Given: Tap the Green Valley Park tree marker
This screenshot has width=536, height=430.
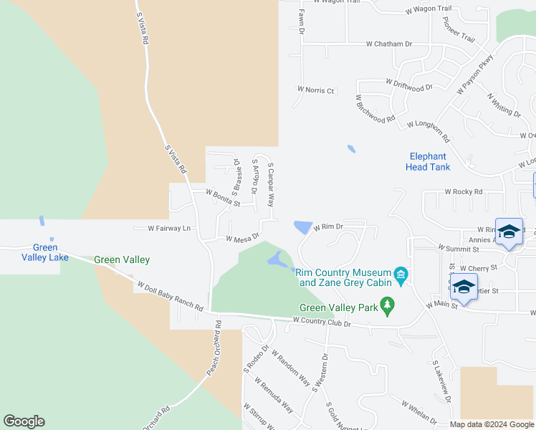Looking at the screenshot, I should coord(388,305).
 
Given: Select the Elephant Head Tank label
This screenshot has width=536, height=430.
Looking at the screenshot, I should coord(429,161).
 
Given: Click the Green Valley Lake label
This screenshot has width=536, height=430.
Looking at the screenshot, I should coord(44,252).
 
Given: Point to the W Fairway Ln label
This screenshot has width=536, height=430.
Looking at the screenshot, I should coord(169,229).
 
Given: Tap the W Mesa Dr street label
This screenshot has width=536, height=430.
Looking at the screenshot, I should coord(242,237).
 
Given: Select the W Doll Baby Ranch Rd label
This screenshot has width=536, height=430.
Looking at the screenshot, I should coord(170,295).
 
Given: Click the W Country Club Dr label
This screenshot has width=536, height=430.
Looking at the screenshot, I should coord(322,323).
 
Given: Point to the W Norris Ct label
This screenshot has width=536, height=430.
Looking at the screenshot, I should coord(316,90).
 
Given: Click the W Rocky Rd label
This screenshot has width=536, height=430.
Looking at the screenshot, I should coord(464,192).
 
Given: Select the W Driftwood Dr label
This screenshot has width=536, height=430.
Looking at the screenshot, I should coord(409,85).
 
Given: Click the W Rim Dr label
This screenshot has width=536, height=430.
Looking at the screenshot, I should coord(328,226).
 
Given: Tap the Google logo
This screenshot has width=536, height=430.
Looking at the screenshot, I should coord(24,421).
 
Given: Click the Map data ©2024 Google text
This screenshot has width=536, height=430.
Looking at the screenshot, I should coord(492,424).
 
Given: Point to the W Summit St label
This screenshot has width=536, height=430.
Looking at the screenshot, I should coord(458,249).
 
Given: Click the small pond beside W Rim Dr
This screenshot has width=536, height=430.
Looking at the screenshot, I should coord(302,227).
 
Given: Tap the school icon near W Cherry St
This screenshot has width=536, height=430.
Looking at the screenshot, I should coord(464,285).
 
